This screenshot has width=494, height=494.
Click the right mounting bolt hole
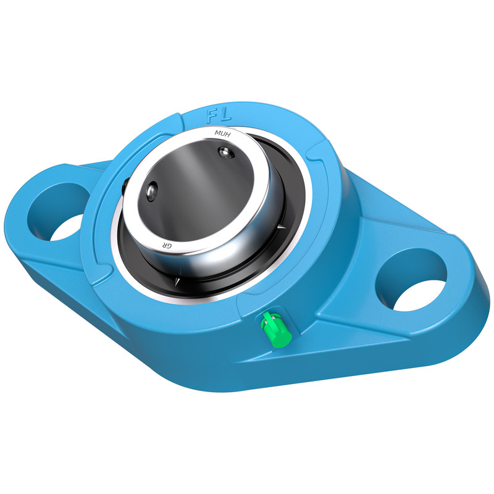click(411, 280)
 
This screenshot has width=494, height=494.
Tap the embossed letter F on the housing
click(212, 116)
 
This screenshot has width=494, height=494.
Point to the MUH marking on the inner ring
click(222, 134)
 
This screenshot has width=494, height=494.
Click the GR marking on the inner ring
click(167, 245)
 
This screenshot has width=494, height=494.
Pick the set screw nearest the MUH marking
click(225, 153)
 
